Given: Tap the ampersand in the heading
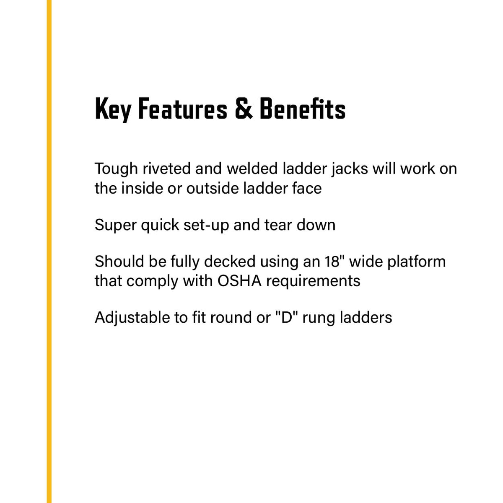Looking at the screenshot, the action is [244, 109].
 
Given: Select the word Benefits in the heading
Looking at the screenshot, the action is [303, 109].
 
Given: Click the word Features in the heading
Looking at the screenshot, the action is [183, 109].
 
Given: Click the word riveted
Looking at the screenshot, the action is [166, 169].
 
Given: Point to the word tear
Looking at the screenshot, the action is [278, 225].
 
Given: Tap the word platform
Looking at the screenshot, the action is [417, 262].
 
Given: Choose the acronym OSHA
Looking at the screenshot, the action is [239, 281].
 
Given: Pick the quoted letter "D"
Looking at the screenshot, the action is [286, 317].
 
